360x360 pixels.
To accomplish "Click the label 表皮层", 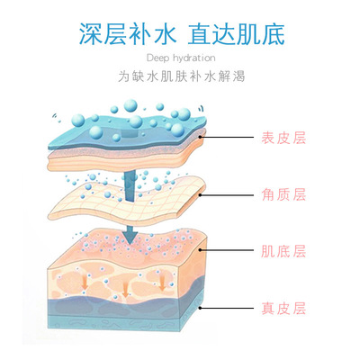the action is click(283, 138).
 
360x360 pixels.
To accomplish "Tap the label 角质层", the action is click(283, 194).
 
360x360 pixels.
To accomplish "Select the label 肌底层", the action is click(283, 251).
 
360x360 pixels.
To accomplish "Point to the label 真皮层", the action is click(283, 308).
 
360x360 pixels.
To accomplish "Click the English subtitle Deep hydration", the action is click(181, 58).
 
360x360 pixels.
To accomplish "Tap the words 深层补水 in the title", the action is click(127, 34).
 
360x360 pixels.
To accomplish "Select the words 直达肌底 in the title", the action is click(236, 34).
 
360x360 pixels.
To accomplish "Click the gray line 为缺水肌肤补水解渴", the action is click(182, 76).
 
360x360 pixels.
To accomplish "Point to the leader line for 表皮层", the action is click(227, 138).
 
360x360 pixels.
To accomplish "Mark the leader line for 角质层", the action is click(227, 195).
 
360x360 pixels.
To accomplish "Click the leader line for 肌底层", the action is click(227, 249).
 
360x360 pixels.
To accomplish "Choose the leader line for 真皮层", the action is click(227, 308).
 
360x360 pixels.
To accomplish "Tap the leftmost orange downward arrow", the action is click(85, 281).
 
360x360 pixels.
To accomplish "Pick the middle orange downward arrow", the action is click(125, 287).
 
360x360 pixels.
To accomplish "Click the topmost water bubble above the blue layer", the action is click(130, 105).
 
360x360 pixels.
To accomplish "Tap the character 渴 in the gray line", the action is click(239, 76).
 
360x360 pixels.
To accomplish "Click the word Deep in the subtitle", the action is click(157, 58).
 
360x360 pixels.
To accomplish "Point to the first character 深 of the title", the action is click(91, 34).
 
